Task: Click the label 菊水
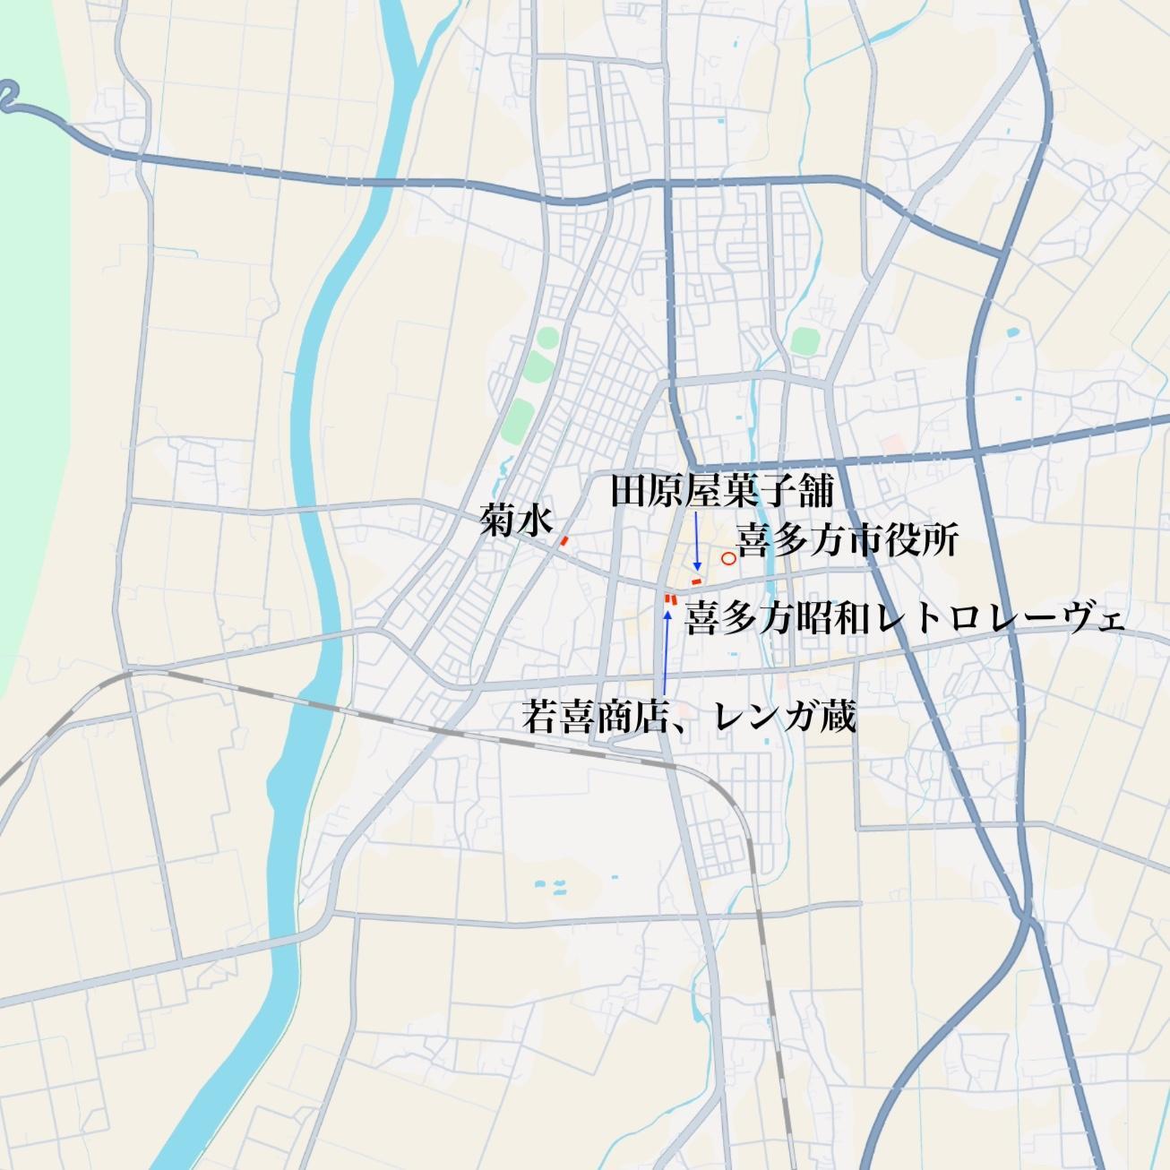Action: tap(516, 520)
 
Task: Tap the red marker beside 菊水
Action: tap(564, 540)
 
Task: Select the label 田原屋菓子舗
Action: tap(722, 491)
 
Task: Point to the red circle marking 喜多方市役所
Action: tap(728, 558)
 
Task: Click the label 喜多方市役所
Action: tap(847, 540)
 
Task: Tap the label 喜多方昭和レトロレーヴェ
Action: tap(905, 617)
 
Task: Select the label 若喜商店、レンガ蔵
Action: tap(689, 717)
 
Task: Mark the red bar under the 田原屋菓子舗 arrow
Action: tap(696, 582)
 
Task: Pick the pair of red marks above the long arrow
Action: tap(669, 598)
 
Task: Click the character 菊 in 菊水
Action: tap(497, 520)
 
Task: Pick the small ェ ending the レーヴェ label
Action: tap(1113, 620)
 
